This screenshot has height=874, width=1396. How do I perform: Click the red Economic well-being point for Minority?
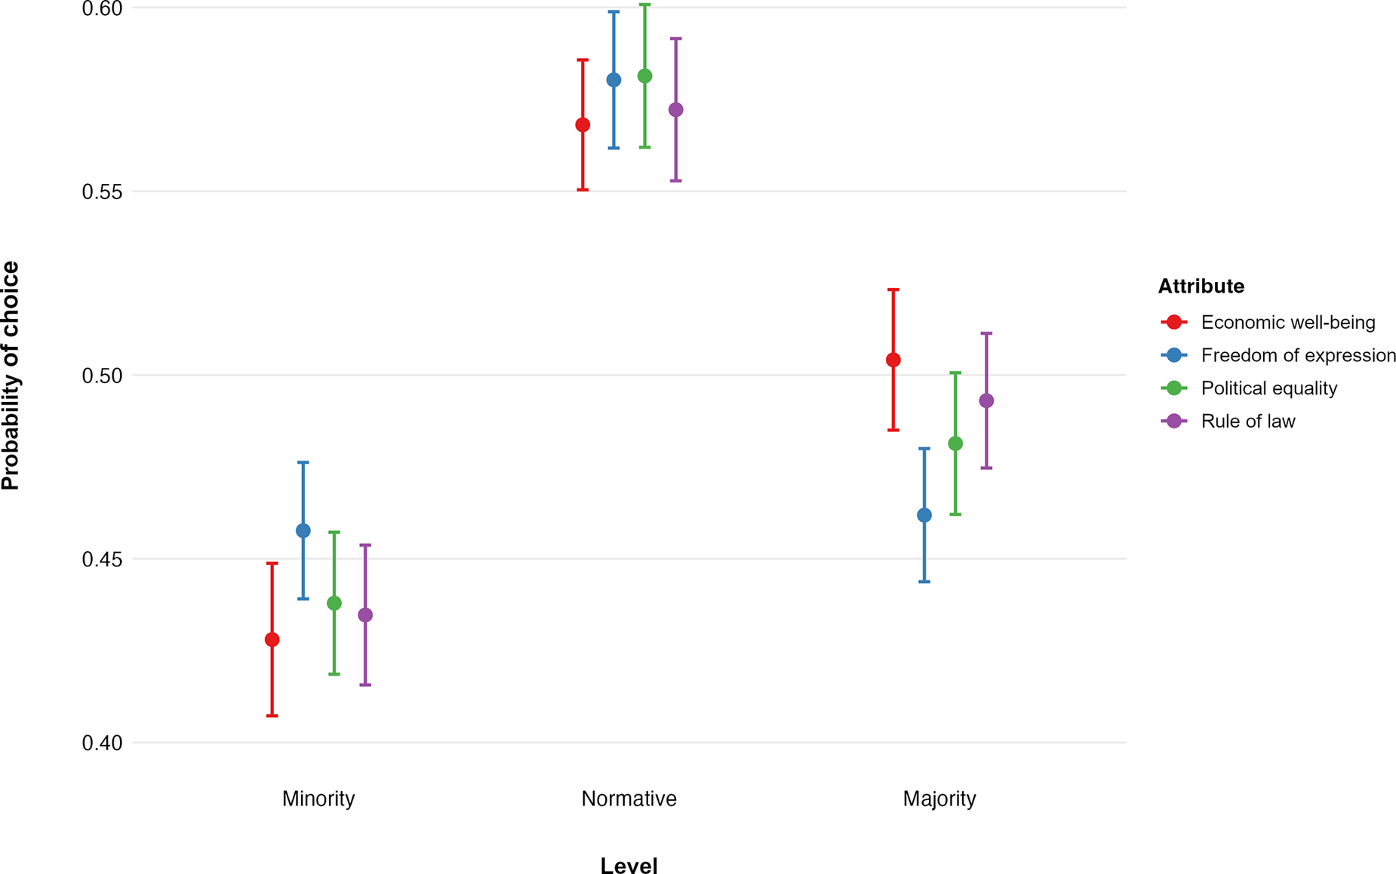pyautogui.click(x=272, y=639)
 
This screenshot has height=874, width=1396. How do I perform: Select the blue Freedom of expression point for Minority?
pyautogui.click(x=303, y=531)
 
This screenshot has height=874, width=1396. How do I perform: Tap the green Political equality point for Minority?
pyautogui.click(x=334, y=603)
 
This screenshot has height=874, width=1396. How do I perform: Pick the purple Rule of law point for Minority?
pyautogui.click(x=365, y=615)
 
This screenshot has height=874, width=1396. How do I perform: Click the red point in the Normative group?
pyautogui.click(x=583, y=125)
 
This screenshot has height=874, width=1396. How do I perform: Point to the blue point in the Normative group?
pyautogui.click(x=614, y=80)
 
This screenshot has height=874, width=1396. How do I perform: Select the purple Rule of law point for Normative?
pyautogui.click(x=676, y=110)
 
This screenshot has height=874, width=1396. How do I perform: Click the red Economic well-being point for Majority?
pyautogui.click(x=893, y=360)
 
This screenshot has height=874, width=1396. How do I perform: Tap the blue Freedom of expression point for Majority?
pyautogui.click(x=924, y=515)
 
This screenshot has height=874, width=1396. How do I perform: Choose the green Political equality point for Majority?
pyautogui.click(x=955, y=443)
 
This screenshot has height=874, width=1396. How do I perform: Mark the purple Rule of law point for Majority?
pyautogui.click(x=986, y=400)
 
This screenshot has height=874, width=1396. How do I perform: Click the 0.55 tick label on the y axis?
pyautogui.click(x=102, y=192)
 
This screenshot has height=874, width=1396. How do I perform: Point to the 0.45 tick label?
pyautogui.click(x=102, y=560)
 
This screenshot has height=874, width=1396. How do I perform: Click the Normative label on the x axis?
pyautogui.click(x=629, y=799)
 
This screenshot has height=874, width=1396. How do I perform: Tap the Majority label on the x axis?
pyautogui.click(x=939, y=799)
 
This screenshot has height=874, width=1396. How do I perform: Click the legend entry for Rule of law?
pyautogui.click(x=1248, y=422)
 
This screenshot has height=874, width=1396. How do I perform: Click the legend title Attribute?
pyautogui.click(x=1201, y=287)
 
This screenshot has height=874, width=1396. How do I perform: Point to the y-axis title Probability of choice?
pyautogui.click(x=11, y=375)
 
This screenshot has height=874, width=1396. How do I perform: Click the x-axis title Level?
pyautogui.click(x=629, y=865)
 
